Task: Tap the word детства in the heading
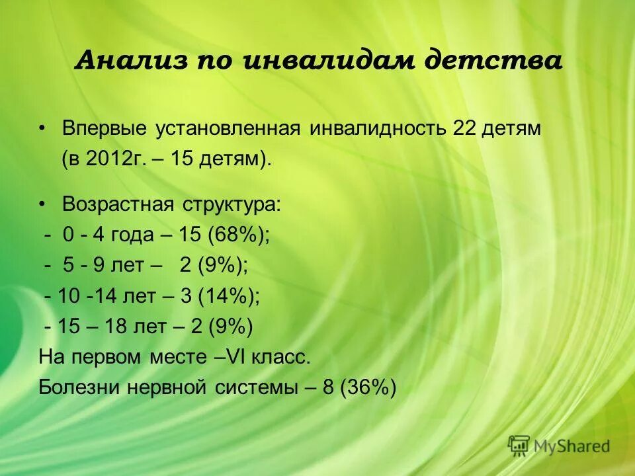[493, 61]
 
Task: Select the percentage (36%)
[368, 387]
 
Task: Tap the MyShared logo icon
[520, 446]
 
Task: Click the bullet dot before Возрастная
[43, 204]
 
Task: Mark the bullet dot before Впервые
[43, 128]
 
